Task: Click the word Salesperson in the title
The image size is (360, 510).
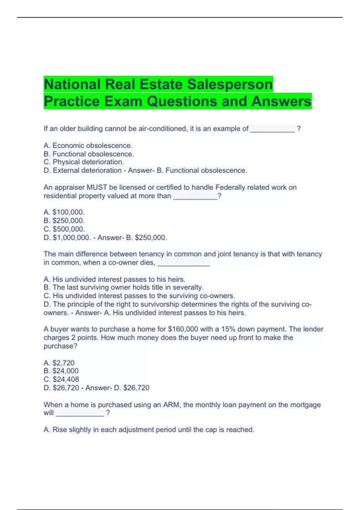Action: pyautogui.click(x=230, y=85)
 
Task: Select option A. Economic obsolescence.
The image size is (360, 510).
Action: pyautogui.click(x=88, y=145)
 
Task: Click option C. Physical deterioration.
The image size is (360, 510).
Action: pyautogui.click(x=84, y=162)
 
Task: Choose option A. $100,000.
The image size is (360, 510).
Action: pyautogui.click(x=64, y=212)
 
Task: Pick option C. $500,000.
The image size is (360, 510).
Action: pyautogui.click(x=64, y=229)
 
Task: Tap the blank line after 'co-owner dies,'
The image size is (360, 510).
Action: pyautogui.click(x=184, y=263)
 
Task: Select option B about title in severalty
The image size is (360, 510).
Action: pyautogui.click(x=124, y=287)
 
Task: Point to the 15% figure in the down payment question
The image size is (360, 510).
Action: pyautogui.click(x=228, y=329)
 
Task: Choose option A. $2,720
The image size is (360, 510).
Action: pyautogui.click(x=59, y=363)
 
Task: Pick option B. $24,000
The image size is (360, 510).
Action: pyautogui.click(x=61, y=371)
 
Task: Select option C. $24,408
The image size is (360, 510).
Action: pyautogui.click(x=61, y=379)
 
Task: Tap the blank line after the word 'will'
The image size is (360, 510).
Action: pyautogui.click(x=80, y=414)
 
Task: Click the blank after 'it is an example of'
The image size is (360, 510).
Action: pyautogui.click(x=272, y=130)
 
